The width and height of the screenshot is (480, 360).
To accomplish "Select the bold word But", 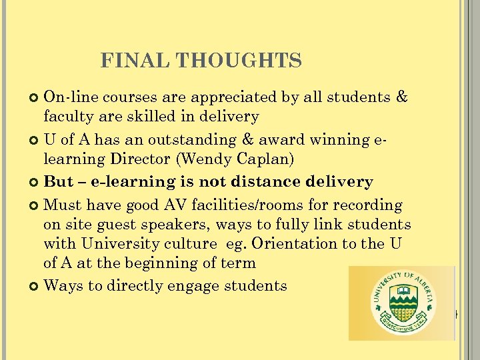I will (x=58, y=182).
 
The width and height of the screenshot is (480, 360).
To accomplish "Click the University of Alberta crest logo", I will (x=400, y=303).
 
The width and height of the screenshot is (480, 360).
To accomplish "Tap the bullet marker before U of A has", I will (x=35, y=141).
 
